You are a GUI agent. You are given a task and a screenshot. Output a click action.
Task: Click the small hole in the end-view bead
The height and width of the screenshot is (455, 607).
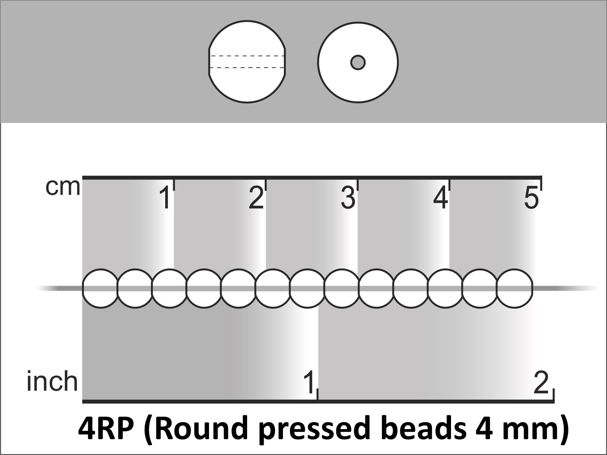[358, 62]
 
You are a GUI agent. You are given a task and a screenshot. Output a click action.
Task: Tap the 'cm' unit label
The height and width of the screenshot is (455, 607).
[63, 187]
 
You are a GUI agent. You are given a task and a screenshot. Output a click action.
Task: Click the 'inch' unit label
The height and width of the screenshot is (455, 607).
[52, 381]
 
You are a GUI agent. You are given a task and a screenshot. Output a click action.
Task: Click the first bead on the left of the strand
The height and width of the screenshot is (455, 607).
[100, 289]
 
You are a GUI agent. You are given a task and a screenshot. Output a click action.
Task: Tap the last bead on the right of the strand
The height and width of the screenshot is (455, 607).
[515, 289]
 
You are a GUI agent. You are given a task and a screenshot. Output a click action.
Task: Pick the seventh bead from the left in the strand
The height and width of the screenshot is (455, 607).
[307, 289]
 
